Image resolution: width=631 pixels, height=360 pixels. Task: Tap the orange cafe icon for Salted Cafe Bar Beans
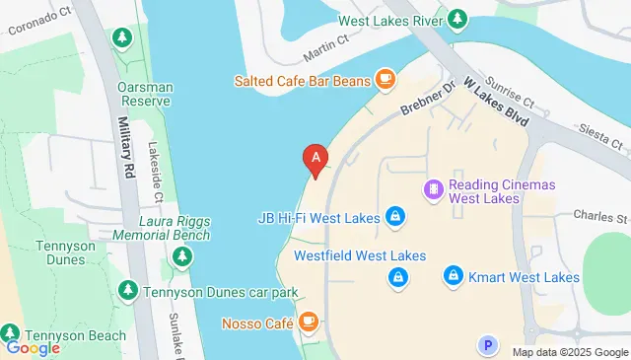[384, 78]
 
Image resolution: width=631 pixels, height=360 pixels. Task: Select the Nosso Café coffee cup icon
[308, 322]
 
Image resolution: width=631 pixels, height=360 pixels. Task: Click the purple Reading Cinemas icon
[432, 187]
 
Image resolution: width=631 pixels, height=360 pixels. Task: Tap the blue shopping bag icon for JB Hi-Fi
[393, 215]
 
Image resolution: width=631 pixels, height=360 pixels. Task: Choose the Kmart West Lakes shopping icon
[453, 275]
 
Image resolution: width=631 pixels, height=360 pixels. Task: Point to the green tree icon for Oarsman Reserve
[122, 38]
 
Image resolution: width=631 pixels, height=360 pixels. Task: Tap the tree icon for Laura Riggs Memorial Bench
[181, 257]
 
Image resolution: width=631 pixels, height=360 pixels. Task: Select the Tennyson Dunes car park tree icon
[127, 291]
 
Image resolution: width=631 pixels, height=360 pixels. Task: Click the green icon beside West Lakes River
[457, 19]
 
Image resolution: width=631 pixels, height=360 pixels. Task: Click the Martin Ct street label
[328, 41]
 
